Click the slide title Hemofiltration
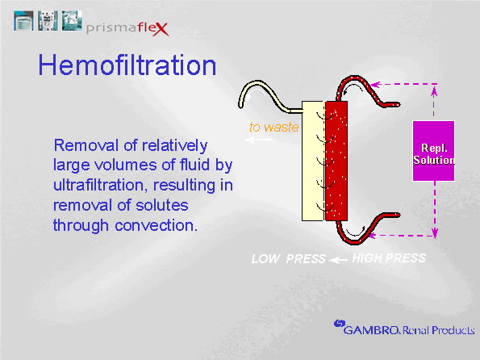[127, 65]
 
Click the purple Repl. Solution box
[433, 151]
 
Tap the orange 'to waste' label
[274, 127]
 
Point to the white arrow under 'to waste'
[259, 140]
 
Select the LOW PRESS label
[288, 259]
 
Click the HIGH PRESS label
[388, 258]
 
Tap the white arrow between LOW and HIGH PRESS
[339, 259]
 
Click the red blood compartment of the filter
[336, 161]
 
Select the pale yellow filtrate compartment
[311, 161]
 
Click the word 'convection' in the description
[152, 225]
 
